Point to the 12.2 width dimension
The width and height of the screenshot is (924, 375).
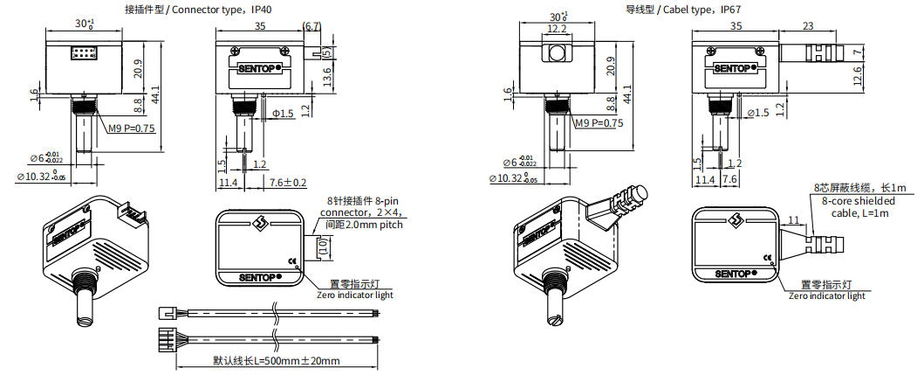(x=556, y=28)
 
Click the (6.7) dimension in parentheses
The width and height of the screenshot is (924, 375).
(x=311, y=27)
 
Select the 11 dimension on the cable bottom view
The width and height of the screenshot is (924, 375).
(x=792, y=219)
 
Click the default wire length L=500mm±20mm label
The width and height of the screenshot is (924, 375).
(x=276, y=360)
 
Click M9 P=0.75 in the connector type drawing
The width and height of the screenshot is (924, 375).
(x=131, y=128)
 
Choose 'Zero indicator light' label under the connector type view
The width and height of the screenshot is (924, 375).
(x=354, y=295)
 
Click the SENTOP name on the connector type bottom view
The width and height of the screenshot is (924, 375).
(x=258, y=279)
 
